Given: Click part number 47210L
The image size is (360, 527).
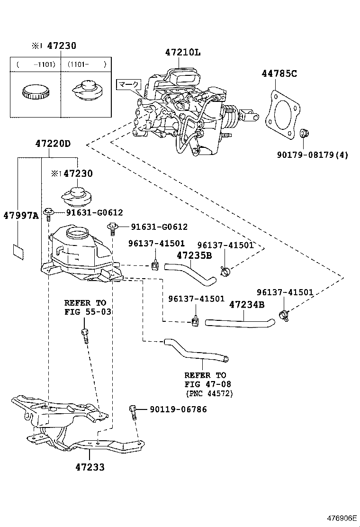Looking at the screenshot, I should point(183,53).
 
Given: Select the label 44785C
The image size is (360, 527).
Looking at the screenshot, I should point(279,73).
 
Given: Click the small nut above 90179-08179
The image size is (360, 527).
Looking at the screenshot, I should point(304,132).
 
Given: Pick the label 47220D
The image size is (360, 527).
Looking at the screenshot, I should point(52,143).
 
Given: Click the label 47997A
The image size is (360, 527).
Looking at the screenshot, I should point(21,215).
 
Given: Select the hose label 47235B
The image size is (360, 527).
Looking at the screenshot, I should point(194,255).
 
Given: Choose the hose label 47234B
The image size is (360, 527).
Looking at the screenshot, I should point(247,304).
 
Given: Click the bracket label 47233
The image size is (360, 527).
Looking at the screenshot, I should point(90,467).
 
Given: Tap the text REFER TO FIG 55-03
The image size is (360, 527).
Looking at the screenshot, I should point(85,307).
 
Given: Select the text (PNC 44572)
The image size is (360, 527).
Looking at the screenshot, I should point(209,393).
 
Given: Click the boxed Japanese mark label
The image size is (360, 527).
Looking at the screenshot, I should point(129,85).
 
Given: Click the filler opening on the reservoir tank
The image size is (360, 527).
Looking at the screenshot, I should point(77,232).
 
